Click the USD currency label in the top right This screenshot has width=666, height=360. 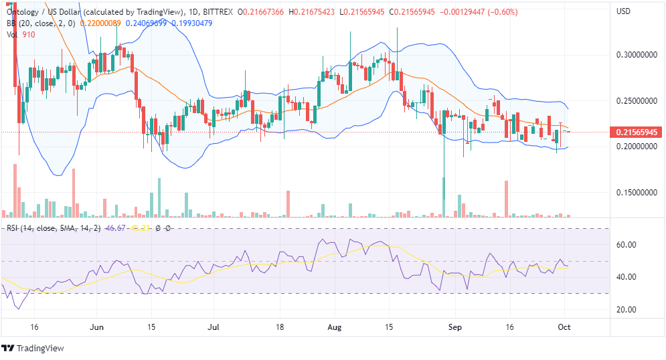623,11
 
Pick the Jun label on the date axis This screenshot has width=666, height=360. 96,328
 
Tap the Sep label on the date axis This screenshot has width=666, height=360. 456,328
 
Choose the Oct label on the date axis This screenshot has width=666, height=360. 565,328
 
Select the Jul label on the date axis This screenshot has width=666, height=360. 214,328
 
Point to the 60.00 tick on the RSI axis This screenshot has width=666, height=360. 625,245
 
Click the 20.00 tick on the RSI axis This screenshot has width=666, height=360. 625,310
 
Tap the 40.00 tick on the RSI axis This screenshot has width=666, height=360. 625,277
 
